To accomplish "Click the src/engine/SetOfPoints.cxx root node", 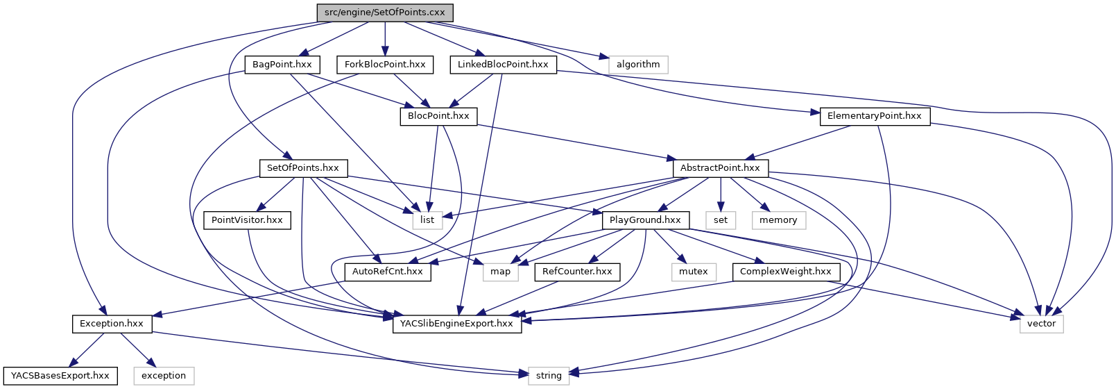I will click(385, 13).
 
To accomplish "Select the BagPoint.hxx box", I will click(282, 65).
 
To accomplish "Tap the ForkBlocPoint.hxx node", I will click(385, 65).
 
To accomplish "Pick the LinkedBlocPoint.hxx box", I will click(503, 65).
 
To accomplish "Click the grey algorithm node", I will click(638, 65).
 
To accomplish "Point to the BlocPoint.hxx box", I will click(438, 116).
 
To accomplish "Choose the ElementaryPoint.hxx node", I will click(874, 116).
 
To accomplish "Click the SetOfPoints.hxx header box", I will click(303, 168).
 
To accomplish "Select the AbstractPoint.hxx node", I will click(720, 168).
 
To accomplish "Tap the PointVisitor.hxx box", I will click(247, 220).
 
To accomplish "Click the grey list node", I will click(427, 220).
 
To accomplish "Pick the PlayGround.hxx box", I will click(645, 220).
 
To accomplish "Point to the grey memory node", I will click(778, 220).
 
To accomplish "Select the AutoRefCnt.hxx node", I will click(387, 272).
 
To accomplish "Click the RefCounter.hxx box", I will click(577, 272).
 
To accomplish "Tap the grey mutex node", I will click(693, 272).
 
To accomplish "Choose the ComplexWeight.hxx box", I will click(785, 272).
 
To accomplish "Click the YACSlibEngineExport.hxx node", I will click(457, 324).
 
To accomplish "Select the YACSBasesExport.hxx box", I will click(60, 376).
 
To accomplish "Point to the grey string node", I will click(549, 376).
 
